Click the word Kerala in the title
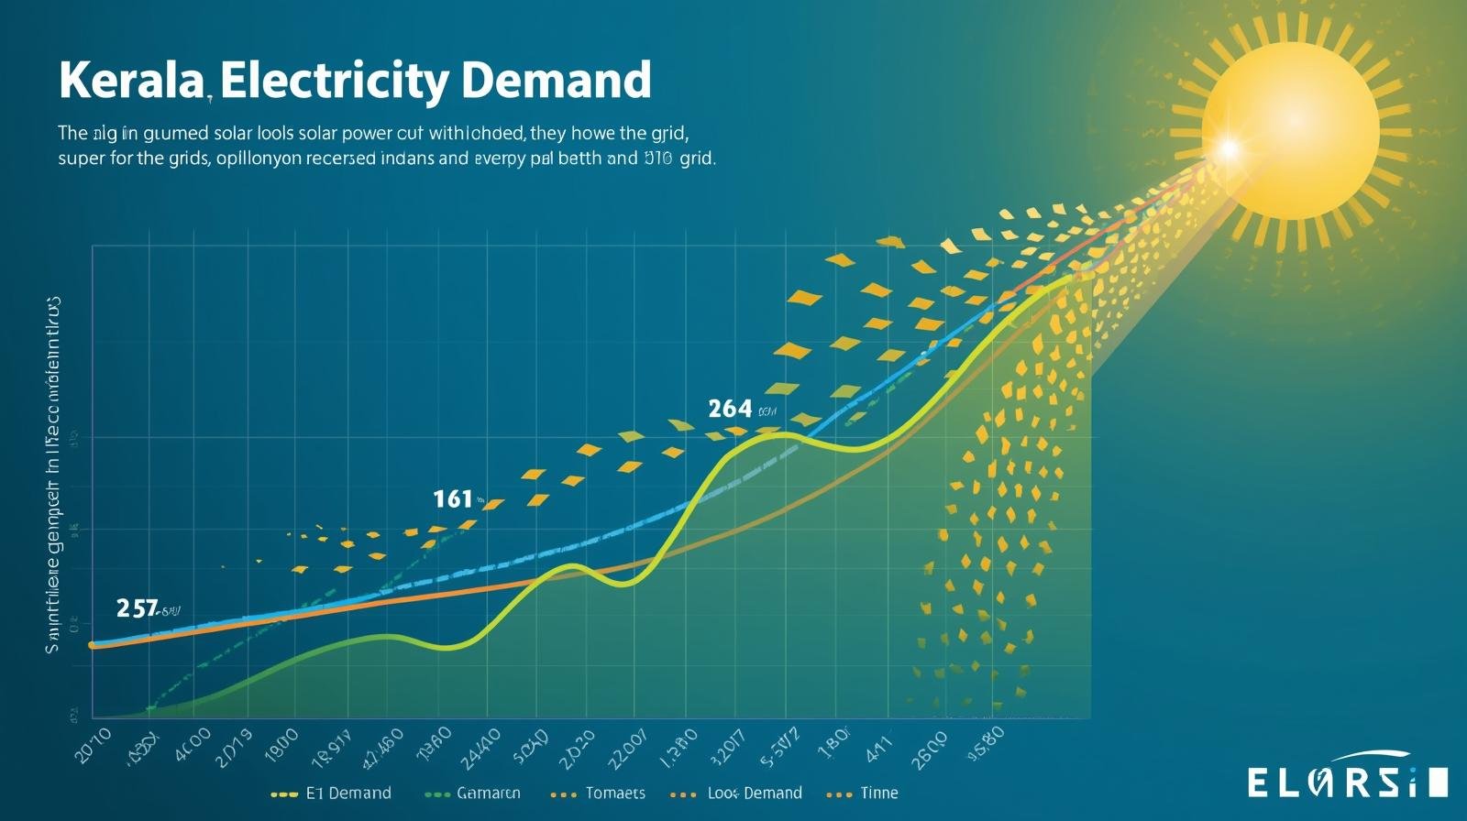coord(130,81)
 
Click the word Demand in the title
coord(556,81)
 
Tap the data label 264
coord(730,409)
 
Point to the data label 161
coord(452,499)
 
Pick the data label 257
coord(138,608)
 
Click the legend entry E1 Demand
coord(347,793)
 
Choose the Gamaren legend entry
coord(488,793)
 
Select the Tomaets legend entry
coord(614,793)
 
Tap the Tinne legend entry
coord(878,793)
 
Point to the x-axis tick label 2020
coord(575,744)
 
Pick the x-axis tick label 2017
coord(727,744)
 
